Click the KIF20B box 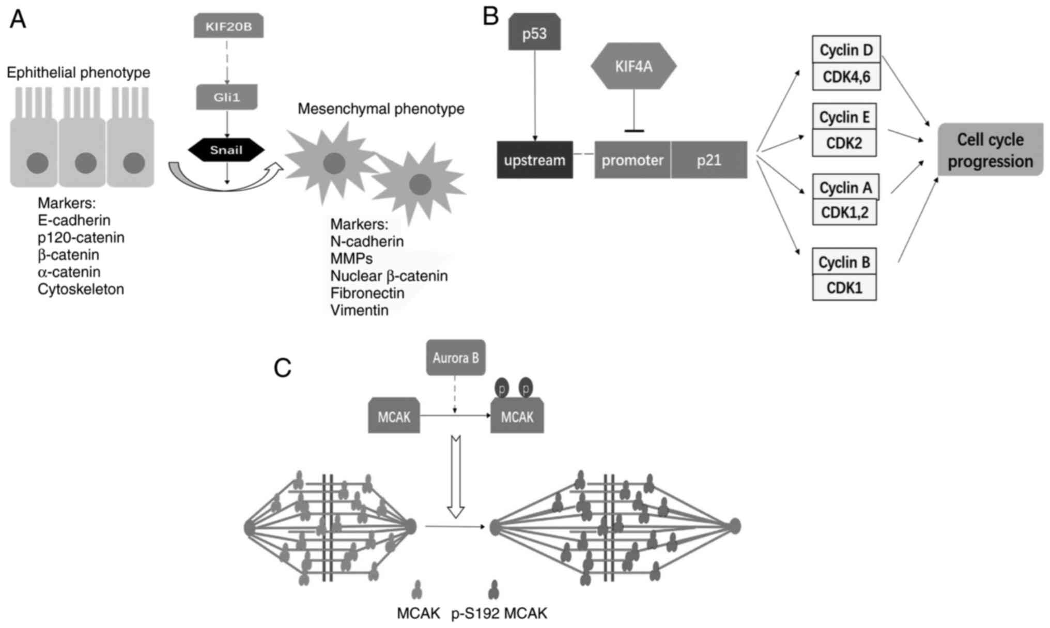point(228,26)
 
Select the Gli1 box point(226,97)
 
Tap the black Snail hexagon point(226,150)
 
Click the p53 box point(534,33)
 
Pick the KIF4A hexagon point(634,66)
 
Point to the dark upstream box point(535,160)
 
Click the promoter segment point(632,160)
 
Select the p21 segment point(709,160)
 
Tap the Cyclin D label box point(846,50)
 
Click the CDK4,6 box point(846,77)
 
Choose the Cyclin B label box point(844,262)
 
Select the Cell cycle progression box point(990,150)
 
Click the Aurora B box point(455,358)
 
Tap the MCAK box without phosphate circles point(394,417)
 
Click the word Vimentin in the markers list point(359,310)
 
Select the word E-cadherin point(74,220)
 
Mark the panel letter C point(283,368)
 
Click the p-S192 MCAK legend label point(499,614)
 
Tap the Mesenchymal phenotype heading point(381,109)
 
